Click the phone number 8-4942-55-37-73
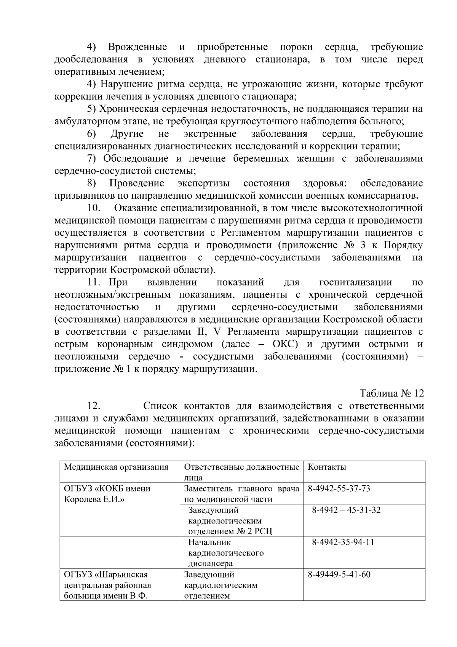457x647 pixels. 339,488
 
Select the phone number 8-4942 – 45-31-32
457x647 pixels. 346,510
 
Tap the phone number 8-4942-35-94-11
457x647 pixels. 343,542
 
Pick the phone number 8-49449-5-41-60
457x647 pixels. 339,574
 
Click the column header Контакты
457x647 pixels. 327,467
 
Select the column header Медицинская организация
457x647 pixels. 116,467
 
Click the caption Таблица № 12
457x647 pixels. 391,393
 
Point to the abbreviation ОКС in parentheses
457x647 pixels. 285,344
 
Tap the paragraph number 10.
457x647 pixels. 94,208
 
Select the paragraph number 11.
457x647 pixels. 94,282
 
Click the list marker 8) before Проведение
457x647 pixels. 91,183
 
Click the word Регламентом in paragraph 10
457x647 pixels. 251,233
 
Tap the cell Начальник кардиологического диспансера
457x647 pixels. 225,552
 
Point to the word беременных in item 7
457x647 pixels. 261,158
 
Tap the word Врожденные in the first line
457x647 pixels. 137,47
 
